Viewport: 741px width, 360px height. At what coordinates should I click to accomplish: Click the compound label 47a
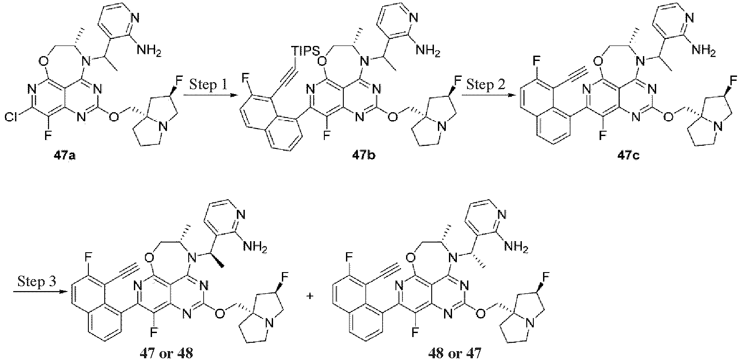click(65, 155)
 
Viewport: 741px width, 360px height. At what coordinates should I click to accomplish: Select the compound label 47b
click(364, 155)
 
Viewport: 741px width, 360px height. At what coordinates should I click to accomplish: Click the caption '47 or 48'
click(166, 353)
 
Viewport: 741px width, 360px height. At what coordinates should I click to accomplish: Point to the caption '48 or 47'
click(455, 353)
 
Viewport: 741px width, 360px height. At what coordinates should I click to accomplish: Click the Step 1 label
click(208, 85)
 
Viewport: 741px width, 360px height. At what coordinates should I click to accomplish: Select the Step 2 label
click(486, 85)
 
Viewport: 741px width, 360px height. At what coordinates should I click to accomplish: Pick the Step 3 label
click(37, 282)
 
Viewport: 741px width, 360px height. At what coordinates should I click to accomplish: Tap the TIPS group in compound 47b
click(306, 51)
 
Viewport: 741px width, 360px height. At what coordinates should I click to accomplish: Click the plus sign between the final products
click(310, 296)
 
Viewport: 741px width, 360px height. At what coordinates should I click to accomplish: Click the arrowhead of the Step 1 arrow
click(234, 95)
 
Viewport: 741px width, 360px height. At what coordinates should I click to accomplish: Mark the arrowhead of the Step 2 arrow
click(511, 95)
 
